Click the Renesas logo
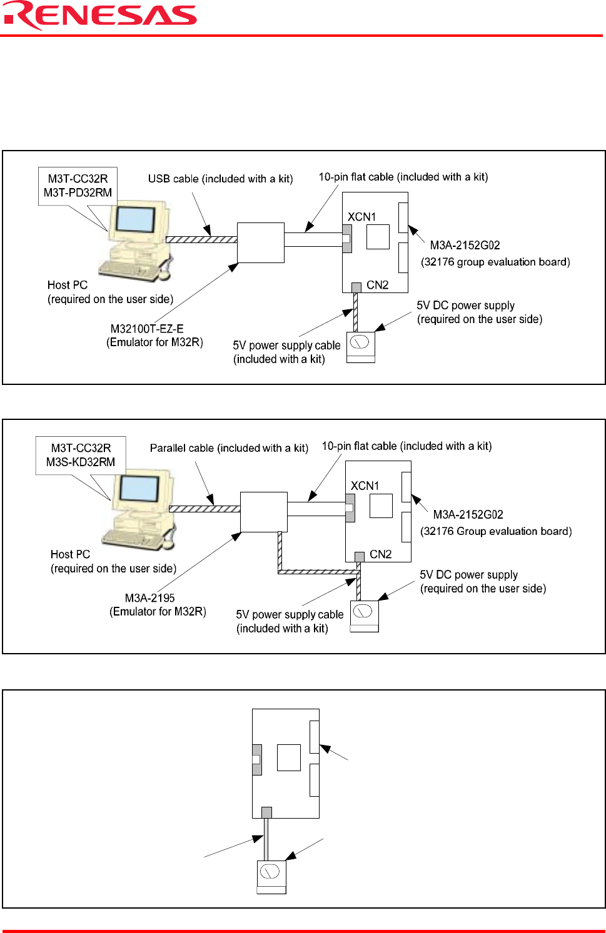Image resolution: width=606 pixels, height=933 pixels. [x=100, y=16]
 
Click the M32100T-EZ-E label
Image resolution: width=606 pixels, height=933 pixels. [x=147, y=329]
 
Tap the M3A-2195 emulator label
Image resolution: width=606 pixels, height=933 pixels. [x=150, y=598]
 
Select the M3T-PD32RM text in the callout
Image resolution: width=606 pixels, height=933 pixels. [x=78, y=192]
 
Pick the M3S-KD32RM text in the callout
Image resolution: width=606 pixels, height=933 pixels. [x=81, y=462]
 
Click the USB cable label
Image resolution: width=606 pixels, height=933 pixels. [x=220, y=179]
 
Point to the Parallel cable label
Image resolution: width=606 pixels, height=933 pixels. [x=229, y=448]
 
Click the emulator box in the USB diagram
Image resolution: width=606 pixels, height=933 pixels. [x=261, y=242]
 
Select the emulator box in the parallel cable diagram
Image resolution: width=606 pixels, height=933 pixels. [x=264, y=512]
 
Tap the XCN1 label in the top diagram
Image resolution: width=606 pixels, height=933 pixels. [x=362, y=217]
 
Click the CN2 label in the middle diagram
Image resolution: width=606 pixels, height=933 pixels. [x=380, y=554]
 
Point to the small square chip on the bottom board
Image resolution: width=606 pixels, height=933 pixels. [x=289, y=757]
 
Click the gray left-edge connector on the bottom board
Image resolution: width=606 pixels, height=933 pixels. [x=256, y=759]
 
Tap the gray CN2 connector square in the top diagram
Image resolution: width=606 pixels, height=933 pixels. [x=356, y=287]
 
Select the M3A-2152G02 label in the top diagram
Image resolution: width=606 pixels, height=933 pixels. [x=465, y=245]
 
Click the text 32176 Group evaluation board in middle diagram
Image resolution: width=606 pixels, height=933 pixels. [x=496, y=531]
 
